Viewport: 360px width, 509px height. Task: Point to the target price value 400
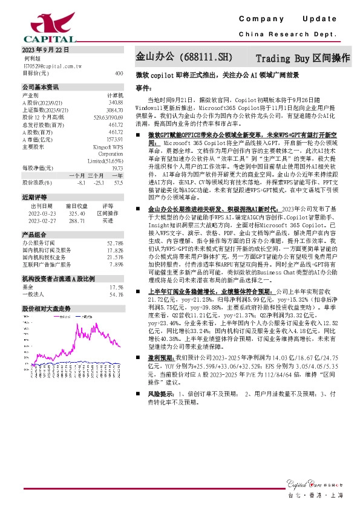[119, 73]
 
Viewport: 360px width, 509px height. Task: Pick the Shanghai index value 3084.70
[115, 110]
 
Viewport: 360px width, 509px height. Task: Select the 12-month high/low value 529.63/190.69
[110, 117]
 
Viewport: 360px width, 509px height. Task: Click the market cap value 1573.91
[115, 138]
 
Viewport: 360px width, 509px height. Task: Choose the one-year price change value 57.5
[118, 181]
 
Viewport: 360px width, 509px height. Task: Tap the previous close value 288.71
[77, 221]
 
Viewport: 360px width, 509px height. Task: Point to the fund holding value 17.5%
[116, 287]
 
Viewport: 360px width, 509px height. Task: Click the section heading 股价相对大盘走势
[47, 308]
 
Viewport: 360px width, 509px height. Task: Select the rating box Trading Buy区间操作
[303, 59]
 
